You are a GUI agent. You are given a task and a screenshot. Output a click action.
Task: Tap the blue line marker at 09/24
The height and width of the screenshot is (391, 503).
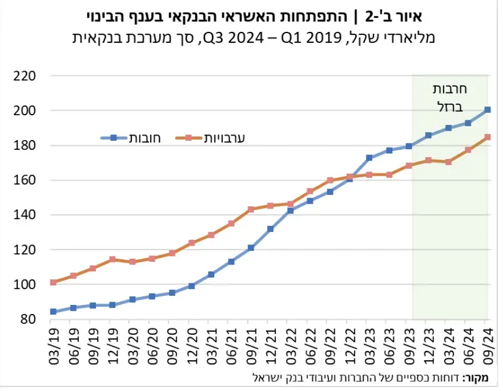coord(488,109)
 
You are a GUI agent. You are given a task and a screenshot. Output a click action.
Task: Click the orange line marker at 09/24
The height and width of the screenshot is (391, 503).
coord(488,137)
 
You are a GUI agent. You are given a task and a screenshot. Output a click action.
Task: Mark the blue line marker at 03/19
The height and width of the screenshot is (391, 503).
coord(53,312)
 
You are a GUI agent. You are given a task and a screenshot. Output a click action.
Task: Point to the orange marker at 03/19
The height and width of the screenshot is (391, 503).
coord(53,282)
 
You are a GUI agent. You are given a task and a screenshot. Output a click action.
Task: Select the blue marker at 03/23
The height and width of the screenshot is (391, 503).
coord(369,157)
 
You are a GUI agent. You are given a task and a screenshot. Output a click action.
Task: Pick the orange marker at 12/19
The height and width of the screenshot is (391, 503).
coord(112,259)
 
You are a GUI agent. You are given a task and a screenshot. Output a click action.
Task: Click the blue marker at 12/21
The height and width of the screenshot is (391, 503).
coord(271,229)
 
